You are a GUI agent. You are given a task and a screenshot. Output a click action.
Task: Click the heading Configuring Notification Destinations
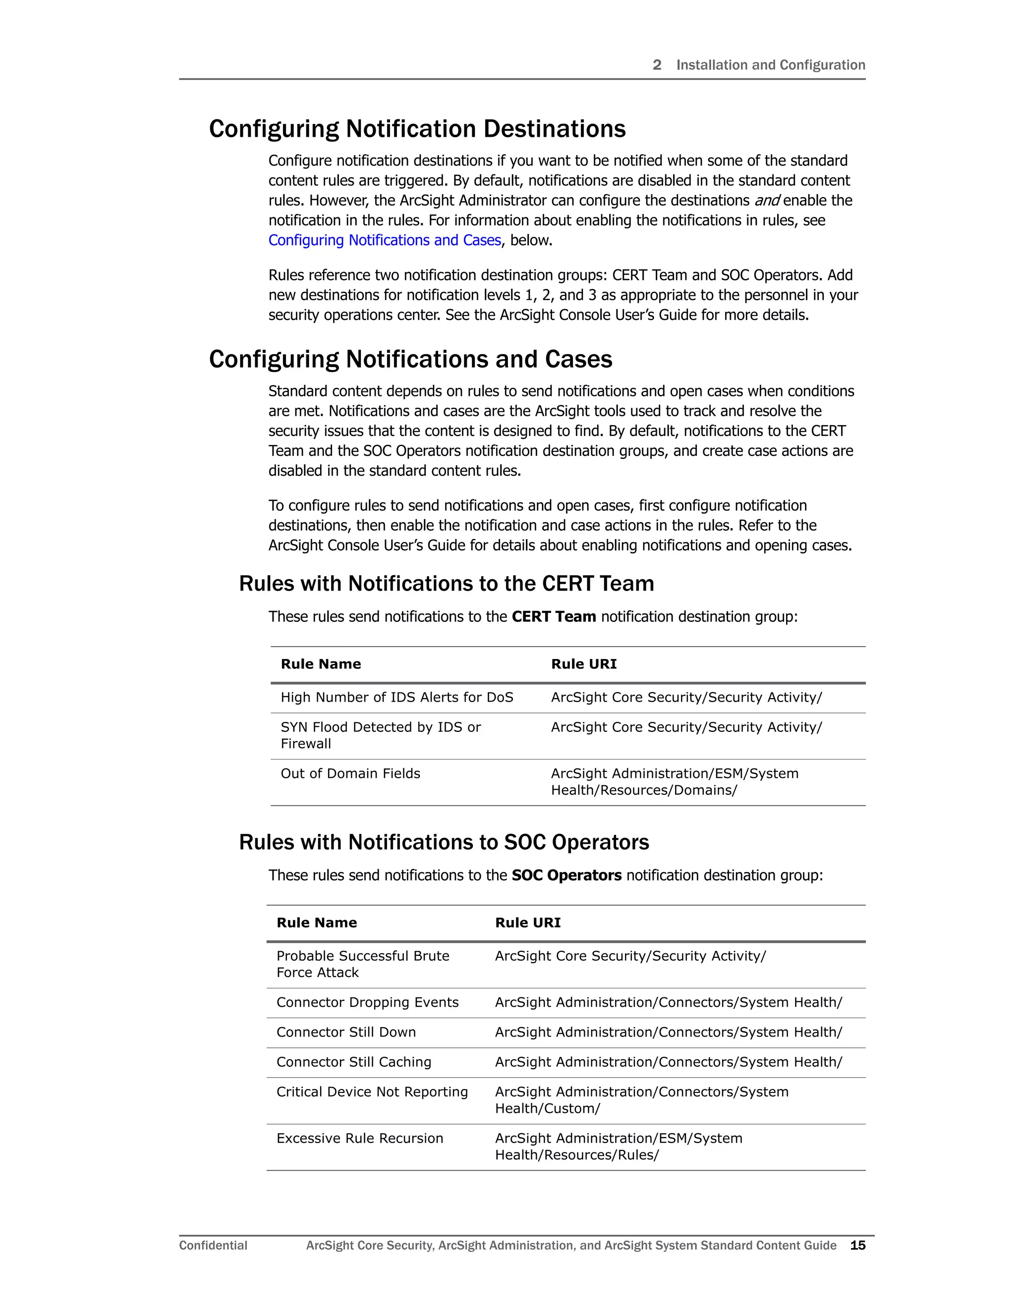coord(417,129)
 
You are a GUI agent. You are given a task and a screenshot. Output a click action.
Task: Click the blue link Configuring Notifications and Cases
coord(384,240)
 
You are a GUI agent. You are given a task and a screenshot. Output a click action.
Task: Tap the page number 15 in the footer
coord(857,1245)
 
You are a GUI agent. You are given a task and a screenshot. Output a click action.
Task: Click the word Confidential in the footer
coord(213,1245)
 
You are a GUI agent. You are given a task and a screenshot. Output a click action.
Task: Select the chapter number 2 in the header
coord(657,65)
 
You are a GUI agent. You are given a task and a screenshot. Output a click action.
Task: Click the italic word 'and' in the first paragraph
coord(767,200)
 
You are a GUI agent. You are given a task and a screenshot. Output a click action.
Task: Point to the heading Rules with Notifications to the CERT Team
coord(446,583)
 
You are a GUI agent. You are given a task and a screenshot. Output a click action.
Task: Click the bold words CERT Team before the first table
coord(553,616)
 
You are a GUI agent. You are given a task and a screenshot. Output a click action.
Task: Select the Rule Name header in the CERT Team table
coord(321,664)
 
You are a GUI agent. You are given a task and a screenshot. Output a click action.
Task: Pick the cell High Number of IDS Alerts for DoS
coord(397,698)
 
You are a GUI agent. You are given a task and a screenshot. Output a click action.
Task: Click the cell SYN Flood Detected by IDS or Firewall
coord(381,735)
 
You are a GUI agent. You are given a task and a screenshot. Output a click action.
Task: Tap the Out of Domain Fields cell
coord(350,774)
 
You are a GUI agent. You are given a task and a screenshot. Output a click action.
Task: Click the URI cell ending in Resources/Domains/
coord(674,781)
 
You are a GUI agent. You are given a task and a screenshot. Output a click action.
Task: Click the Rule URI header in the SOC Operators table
coord(527,922)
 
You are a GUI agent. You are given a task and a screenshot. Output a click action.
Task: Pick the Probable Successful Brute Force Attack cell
coord(363,964)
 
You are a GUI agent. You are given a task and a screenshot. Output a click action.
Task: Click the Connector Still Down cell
coord(346,1032)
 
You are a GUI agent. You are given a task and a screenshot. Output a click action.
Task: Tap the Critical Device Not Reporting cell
coord(372,1092)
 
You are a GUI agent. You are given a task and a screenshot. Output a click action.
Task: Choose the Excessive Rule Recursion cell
coord(360,1138)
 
